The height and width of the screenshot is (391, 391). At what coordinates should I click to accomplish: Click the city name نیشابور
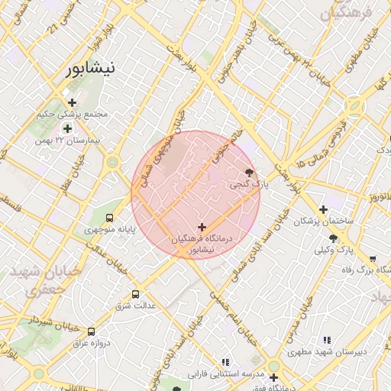[89, 69]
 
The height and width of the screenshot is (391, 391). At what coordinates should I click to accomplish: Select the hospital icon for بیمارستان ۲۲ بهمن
[68, 129]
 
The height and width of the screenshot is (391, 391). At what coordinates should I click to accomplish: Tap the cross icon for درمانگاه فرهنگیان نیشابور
[202, 227]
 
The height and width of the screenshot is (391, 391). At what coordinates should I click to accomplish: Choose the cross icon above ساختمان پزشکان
[323, 209]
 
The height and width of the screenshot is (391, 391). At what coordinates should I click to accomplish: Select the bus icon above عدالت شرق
[136, 294]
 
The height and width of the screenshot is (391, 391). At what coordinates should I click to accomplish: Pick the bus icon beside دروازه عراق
[92, 331]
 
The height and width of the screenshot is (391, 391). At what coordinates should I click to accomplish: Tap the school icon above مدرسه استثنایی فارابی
[225, 362]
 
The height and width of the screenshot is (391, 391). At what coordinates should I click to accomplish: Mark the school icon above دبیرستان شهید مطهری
[327, 340]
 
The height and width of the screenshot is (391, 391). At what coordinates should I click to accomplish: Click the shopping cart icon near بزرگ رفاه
[372, 259]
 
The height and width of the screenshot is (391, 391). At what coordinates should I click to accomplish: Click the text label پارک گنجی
[245, 185]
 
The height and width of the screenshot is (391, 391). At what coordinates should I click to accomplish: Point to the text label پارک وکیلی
[335, 250]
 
